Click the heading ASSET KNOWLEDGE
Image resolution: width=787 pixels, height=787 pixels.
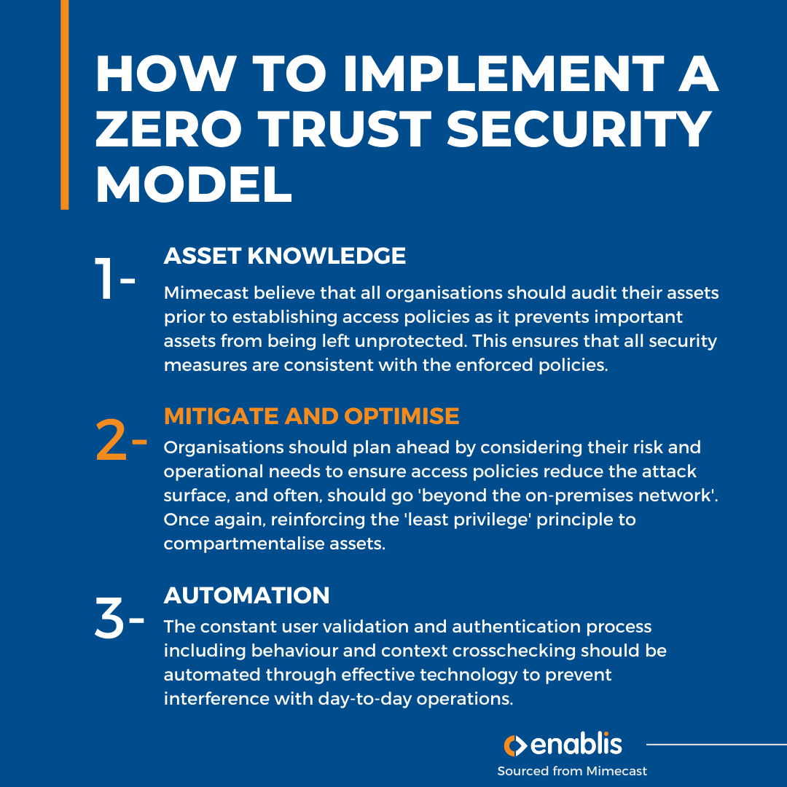point(285,256)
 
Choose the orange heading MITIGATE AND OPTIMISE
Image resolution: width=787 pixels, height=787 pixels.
point(311,416)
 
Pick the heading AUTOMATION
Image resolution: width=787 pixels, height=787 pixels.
point(247,595)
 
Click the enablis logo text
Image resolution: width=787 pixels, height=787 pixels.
point(576,745)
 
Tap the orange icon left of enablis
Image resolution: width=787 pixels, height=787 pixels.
point(514,745)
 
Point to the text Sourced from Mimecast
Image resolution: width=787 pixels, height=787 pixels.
point(572,771)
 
